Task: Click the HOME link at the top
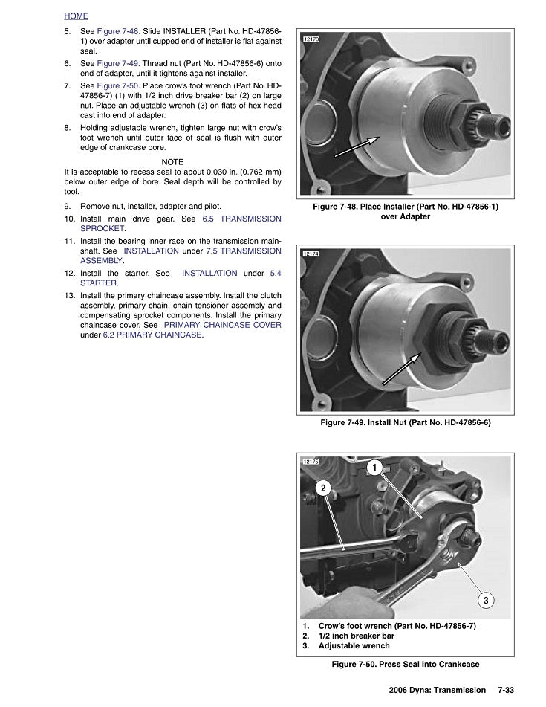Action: point(76,16)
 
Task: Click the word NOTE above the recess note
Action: point(172,162)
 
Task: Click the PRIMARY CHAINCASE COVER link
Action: point(222,326)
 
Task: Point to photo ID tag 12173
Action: point(311,39)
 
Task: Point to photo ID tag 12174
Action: point(311,254)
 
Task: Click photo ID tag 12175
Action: point(311,462)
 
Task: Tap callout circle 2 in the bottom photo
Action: point(323,488)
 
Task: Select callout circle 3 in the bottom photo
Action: point(486,600)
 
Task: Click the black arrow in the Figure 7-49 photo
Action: point(402,368)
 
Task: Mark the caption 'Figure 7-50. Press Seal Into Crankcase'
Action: point(405,664)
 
